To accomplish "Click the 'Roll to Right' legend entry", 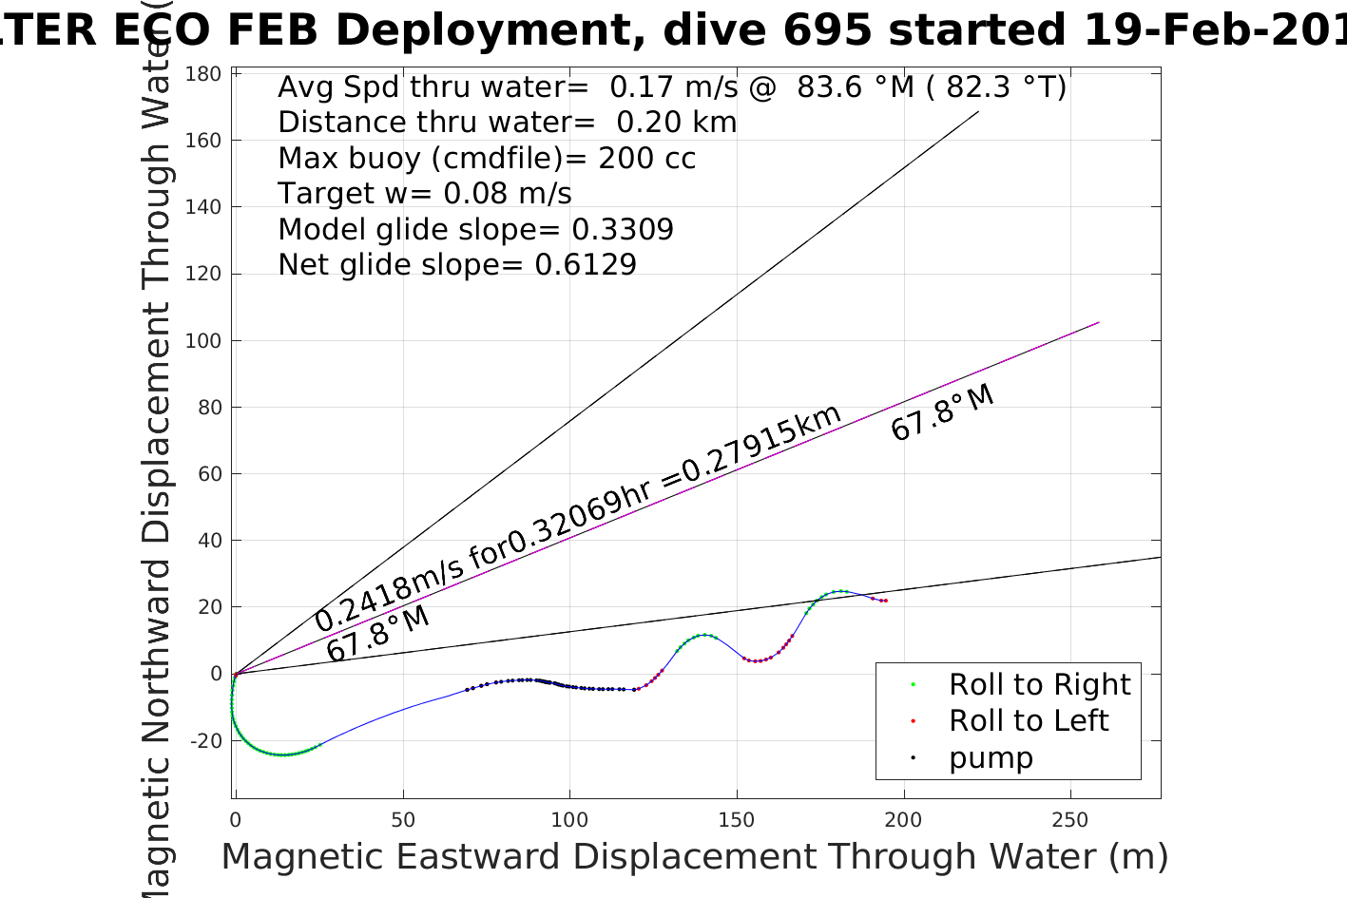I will tap(1039, 684).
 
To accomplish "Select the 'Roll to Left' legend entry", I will tap(1029, 721).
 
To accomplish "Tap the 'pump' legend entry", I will tap(991, 758).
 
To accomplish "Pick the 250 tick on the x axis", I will tap(1070, 820).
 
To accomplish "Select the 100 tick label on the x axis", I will tap(569, 820).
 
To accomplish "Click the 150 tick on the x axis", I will tap(737, 820).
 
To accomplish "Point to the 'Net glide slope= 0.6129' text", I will tap(457, 265).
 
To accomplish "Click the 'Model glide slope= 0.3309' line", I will tap(475, 230).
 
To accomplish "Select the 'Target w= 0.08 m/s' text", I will tap(425, 194).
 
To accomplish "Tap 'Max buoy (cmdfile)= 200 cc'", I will tap(487, 159).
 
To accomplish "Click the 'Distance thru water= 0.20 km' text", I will tap(507, 123).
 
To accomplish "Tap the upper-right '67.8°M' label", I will tap(942, 413).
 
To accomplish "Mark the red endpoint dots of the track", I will tap(883, 601).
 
